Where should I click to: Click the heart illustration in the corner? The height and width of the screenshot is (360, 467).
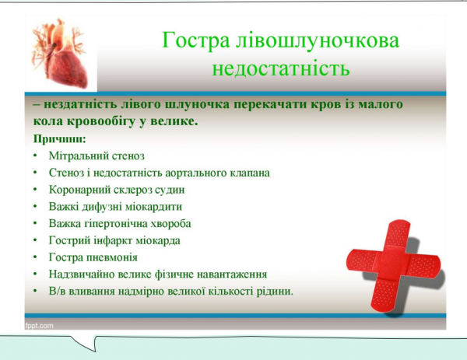pos(65,53)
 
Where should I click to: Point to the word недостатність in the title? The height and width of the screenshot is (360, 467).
pos(280,68)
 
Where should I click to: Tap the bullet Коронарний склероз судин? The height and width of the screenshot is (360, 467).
pos(116,190)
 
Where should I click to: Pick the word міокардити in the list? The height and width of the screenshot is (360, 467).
pos(156,207)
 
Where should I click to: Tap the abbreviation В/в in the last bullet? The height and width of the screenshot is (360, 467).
pos(57,292)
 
